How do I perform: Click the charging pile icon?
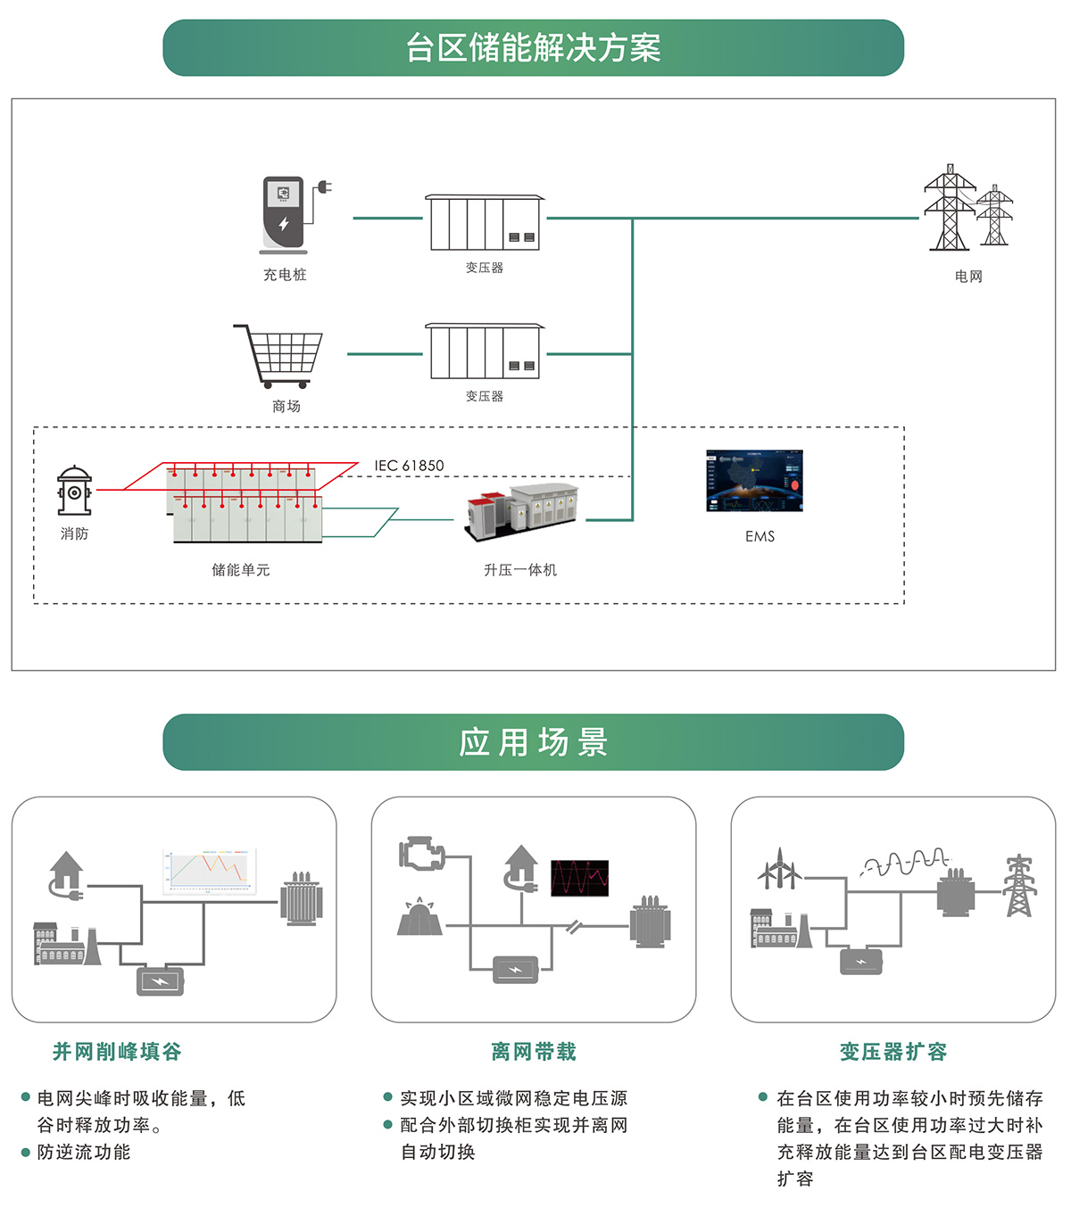point(286,214)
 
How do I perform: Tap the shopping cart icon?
point(280,354)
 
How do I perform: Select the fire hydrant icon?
point(74,490)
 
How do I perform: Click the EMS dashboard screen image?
point(755,480)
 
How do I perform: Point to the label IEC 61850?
point(409,466)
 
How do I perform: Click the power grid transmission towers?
point(967,208)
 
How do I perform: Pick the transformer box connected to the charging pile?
point(484,222)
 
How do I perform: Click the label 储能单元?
point(240,570)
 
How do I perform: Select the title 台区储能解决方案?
point(533,48)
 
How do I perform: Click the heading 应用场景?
point(533,742)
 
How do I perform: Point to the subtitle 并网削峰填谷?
point(117,1052)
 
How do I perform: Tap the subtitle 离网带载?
point(534,1052)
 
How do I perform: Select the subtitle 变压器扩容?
point(893,1052)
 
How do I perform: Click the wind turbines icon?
point(779,869)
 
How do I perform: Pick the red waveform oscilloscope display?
point(580,878)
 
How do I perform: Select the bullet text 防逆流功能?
point(84,1153)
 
